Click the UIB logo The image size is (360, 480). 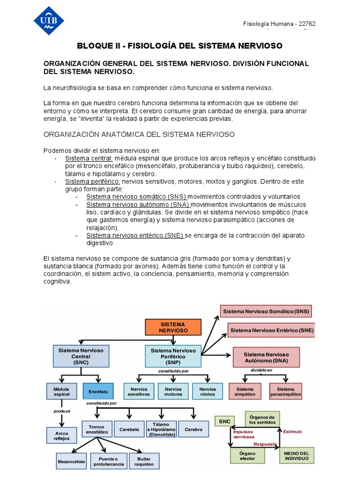pos(49,21)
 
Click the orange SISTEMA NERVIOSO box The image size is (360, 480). pos(173,327)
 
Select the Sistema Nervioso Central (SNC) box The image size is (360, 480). pos(81,356)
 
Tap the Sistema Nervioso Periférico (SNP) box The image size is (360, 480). pos(173,356)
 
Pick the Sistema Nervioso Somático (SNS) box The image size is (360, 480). pos(266,311)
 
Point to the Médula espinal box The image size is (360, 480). pos(61,391)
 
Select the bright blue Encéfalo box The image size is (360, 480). pos(98,391)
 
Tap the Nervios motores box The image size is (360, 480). pos(173,391)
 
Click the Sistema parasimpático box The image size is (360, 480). pos(285,391)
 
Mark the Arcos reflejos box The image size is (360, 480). pos(61,435)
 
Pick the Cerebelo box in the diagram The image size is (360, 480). pos(129,429)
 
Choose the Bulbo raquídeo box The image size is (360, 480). pos(144,461)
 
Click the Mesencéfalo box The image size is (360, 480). pos(71,462)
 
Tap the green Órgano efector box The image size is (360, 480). pos(247,455)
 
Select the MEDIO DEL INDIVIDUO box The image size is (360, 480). pos(296,455)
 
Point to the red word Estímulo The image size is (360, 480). pos(292,432)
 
